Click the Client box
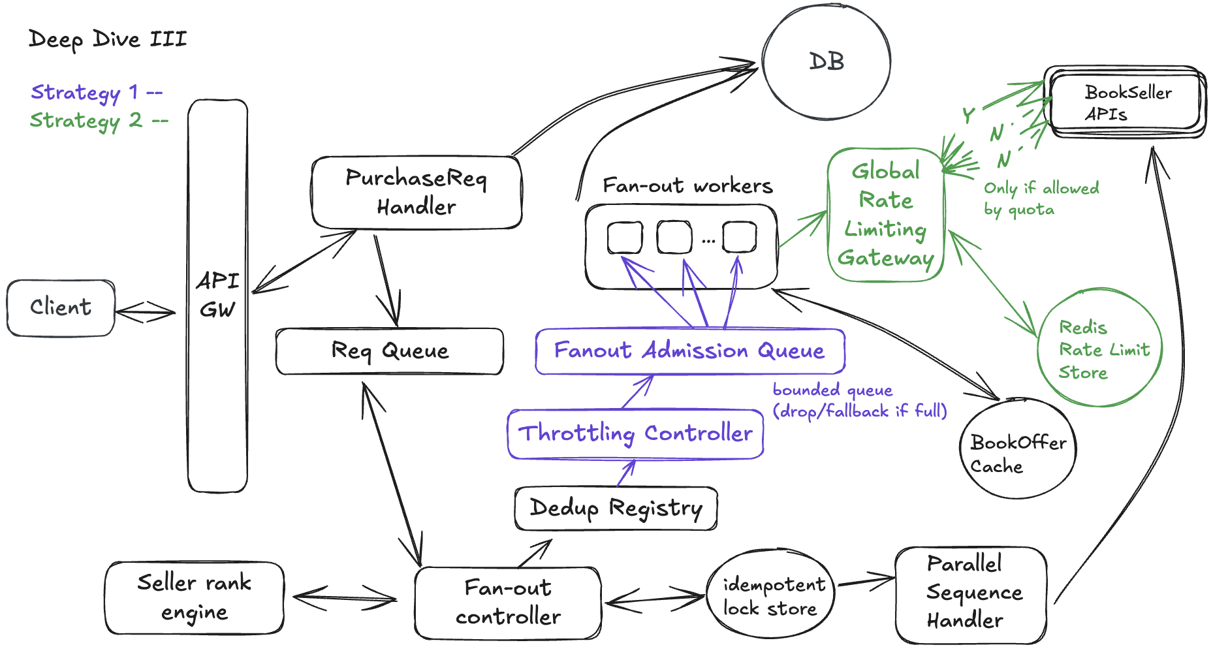(61, 308)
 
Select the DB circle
(827, 62)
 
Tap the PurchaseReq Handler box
(417, 193)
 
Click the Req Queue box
(390, 351)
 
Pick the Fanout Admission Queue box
(689, 351)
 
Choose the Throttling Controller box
(635, 434)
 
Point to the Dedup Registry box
(616, 508)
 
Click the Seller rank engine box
(195, 597)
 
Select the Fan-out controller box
(508, 603)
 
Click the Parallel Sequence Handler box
(971, 595)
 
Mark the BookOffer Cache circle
(1017, 449)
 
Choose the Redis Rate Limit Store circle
(1100, 349)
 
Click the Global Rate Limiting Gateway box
(886, 215)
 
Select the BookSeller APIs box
(1125, 102)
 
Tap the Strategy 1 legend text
(96, 93)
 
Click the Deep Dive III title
(108, 39)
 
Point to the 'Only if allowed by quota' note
(1041, 198)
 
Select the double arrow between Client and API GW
(145, 312)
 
